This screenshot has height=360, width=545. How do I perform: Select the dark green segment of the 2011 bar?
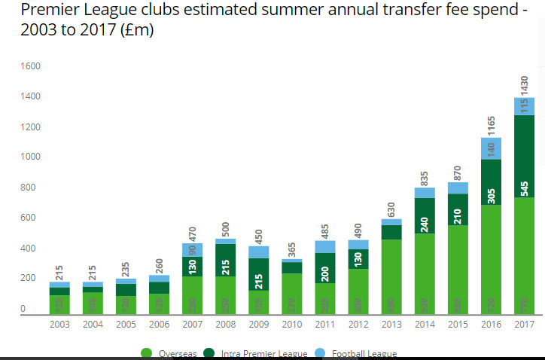(x=324, y=267)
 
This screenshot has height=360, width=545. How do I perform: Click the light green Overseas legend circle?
(x=147, y=354)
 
